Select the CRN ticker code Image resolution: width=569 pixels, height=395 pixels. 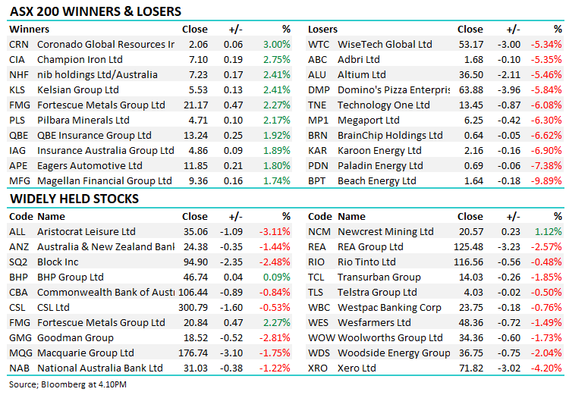19,45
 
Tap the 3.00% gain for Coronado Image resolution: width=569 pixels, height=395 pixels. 275,45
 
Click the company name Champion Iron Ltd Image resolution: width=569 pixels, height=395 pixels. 80,60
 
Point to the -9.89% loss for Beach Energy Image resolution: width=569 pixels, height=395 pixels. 546,181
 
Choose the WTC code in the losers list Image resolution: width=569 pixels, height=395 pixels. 319,45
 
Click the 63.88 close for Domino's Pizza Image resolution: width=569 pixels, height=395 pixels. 470,90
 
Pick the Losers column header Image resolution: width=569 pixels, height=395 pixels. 322,30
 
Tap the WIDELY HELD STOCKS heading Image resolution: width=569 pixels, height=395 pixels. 74,199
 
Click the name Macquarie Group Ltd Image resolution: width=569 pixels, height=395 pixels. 86,353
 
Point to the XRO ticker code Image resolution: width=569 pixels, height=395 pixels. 319,368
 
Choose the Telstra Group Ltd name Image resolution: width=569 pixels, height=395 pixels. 377,292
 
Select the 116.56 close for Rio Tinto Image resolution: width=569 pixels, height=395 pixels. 467,262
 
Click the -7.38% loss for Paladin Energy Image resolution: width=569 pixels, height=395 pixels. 546,166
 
